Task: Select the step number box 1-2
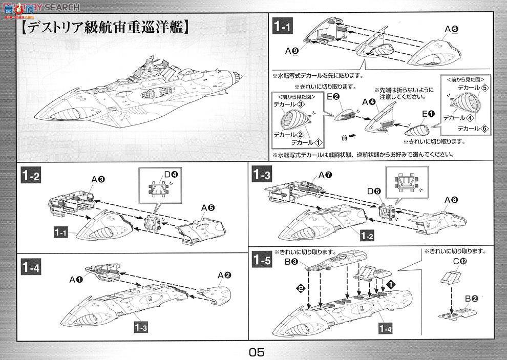31,176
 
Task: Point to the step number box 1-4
31,267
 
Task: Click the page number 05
257,352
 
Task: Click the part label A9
292,51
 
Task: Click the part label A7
325,175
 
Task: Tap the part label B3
291,262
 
